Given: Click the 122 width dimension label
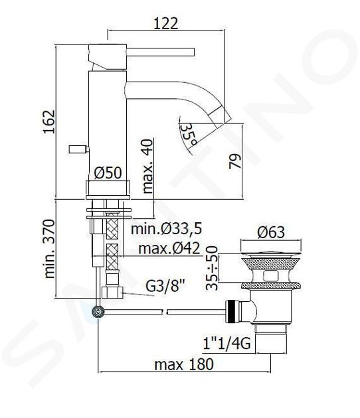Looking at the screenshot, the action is [166, 23].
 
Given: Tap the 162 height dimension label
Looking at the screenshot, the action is [49, 121].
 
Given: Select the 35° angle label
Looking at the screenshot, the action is [189, 135].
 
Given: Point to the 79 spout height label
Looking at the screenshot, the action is [235, 161].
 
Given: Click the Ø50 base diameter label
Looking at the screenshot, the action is [108, 173].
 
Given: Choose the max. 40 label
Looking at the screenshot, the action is [147, 166].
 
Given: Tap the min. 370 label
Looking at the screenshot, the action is [49, 249].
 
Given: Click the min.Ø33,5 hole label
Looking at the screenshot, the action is [166, 229].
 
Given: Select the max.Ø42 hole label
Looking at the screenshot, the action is [169, 248].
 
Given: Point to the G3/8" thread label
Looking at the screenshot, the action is [165, 286].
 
